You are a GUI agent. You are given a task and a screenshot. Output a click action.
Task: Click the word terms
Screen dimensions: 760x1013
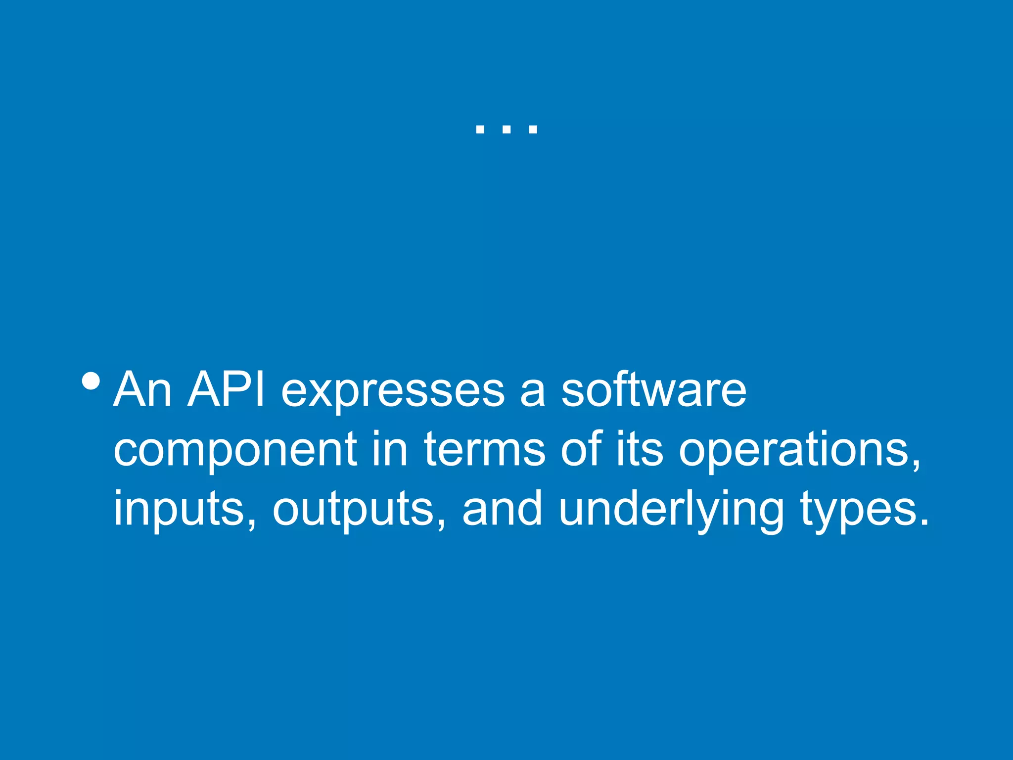[485, 449]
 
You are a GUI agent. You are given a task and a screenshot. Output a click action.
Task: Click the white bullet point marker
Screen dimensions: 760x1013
[92, 381]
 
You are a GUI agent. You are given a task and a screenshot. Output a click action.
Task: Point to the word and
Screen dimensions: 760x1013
[502, 509]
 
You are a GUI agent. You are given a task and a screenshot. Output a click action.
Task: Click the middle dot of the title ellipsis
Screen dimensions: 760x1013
[506, 130]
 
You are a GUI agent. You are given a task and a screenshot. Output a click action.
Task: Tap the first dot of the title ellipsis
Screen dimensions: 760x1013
[479, 130]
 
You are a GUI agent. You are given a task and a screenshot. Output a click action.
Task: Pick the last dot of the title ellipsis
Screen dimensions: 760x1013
[533, 130]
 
